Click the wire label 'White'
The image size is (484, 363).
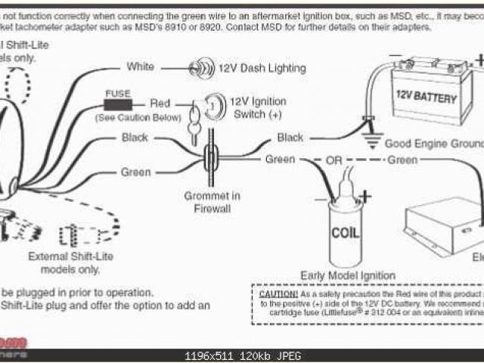tap(140, 67)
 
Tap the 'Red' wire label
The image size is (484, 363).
tap(160, 103)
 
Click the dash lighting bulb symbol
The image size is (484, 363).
tap(200, 67)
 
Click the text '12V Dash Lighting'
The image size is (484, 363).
tap(262, 68)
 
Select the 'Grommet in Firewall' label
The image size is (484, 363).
tap(213, 202)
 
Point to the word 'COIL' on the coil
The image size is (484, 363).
tap(346, 231)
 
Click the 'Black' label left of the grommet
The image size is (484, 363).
tap(135, 138)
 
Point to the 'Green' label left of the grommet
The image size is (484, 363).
tap(136, 172)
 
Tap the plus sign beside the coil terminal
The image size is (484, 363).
tap(365, 197)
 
